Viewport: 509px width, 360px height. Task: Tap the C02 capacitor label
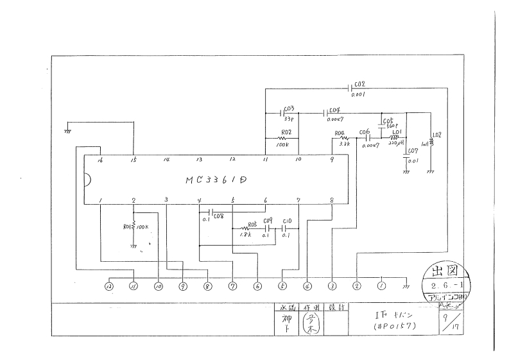[x=359, y=84]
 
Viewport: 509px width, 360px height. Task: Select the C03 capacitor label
[x=288, y=108]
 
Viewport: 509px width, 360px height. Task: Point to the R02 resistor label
[x=286, y=132]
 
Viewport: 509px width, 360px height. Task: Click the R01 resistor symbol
[x=134, y=227]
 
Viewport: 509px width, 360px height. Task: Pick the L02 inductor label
[x=437, y=135]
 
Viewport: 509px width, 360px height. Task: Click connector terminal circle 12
[x=109, y=286]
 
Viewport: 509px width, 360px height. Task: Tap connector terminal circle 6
[x=257, y=286]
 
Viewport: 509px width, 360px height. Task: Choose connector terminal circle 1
[x=381, y=286]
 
